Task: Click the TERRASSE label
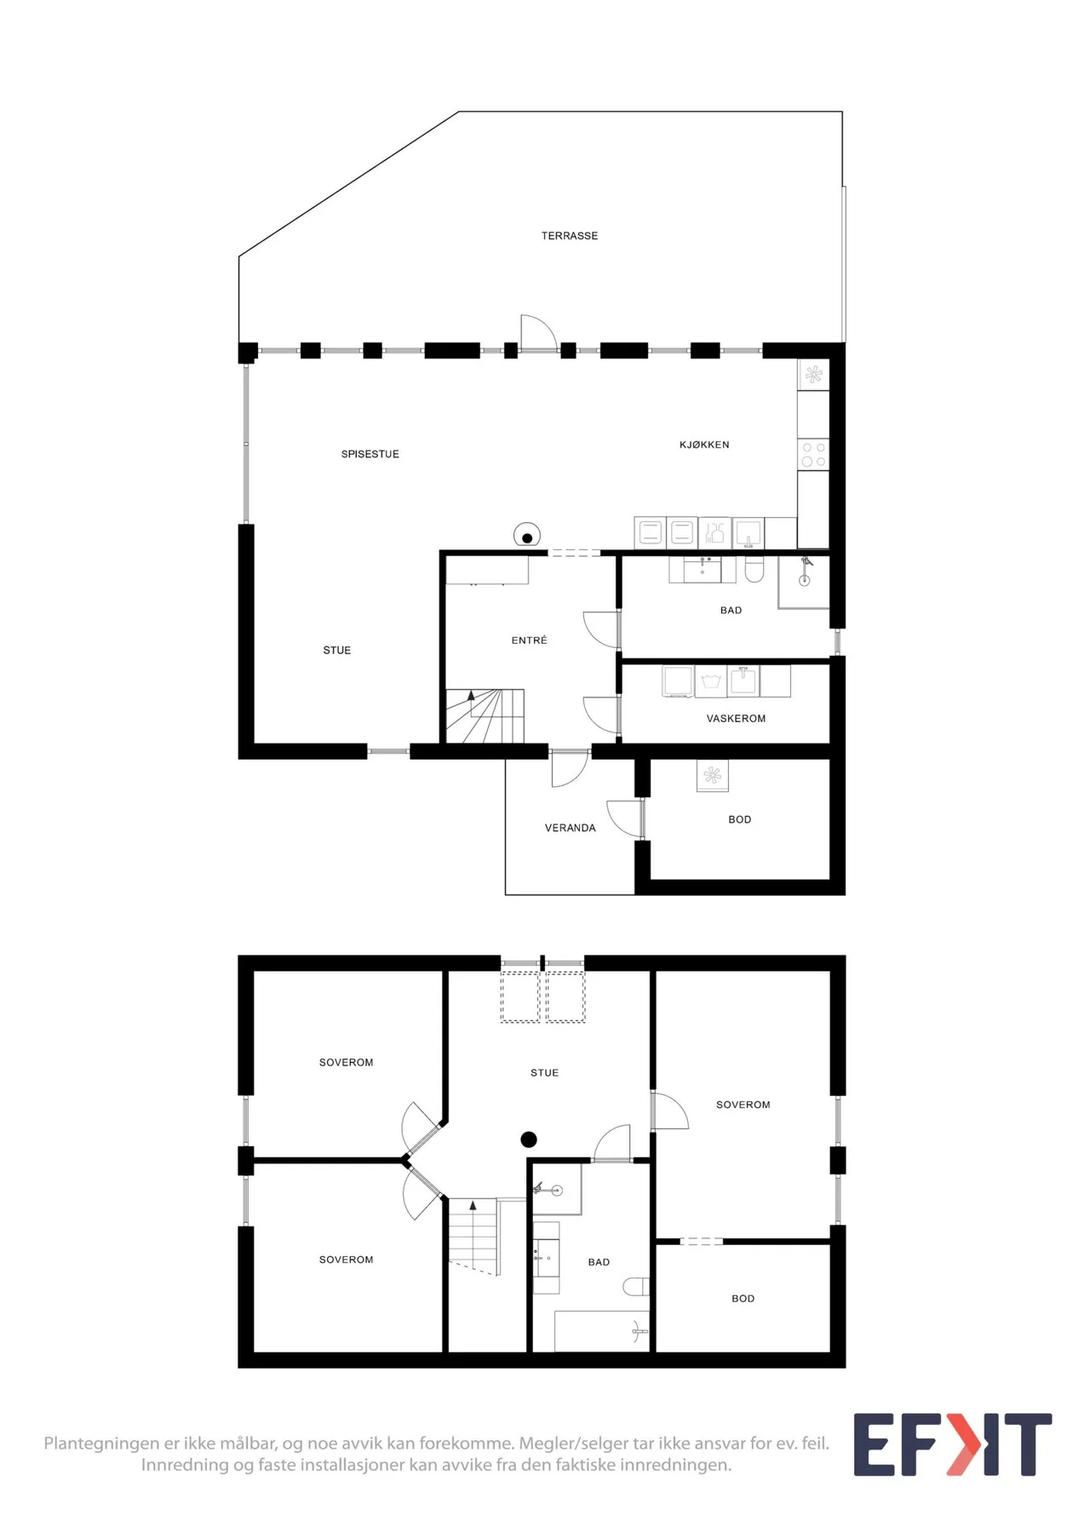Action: point(569,236)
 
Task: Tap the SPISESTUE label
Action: point(370,454)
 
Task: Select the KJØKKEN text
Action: point(704,445)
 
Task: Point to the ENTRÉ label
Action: point(529,640)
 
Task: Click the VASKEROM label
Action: point(736,718)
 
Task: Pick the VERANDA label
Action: point(570,828)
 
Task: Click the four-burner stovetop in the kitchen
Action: point(813,454)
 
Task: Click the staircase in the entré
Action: point(485,715)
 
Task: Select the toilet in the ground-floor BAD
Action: point(754,570)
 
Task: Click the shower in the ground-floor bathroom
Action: point(804,582)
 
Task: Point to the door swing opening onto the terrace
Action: point(538,332)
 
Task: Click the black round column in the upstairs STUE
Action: point(529,1140)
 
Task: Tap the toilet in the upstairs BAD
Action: point(636,1286)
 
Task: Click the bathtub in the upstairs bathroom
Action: point(601,1331)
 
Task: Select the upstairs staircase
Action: point(473,1236)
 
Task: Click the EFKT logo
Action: point(953,1444)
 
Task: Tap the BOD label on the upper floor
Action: point(743,1299)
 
